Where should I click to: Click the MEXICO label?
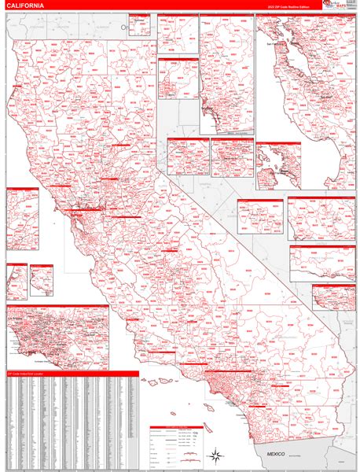tap(276, 454)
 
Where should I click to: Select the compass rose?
tap(213, 454)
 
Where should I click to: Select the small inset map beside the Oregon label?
tap(140, 24)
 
